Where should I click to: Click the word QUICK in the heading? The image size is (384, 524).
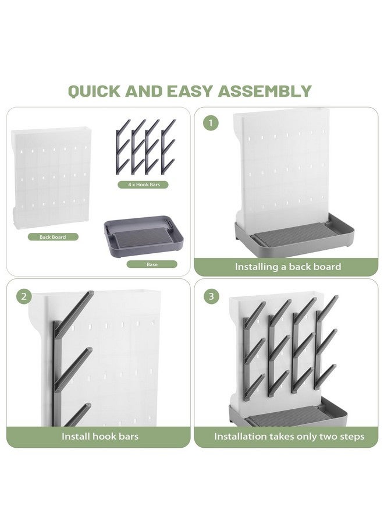94,91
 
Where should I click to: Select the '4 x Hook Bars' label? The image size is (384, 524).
143,185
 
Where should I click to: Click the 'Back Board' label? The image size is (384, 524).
53,237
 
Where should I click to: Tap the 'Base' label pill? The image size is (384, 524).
152,264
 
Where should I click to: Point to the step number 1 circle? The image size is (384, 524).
211,123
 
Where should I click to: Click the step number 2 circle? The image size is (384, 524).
24,296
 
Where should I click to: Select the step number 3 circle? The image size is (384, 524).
211,296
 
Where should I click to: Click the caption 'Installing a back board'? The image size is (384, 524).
288,267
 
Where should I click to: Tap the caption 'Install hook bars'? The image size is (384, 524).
100,436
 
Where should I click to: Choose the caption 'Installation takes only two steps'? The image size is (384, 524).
289,437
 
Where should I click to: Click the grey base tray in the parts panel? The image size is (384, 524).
144,236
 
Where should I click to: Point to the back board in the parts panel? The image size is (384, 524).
51,178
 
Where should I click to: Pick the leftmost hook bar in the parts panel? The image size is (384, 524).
123,147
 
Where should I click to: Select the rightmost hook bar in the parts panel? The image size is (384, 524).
168,147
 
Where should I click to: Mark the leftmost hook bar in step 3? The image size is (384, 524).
254,351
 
